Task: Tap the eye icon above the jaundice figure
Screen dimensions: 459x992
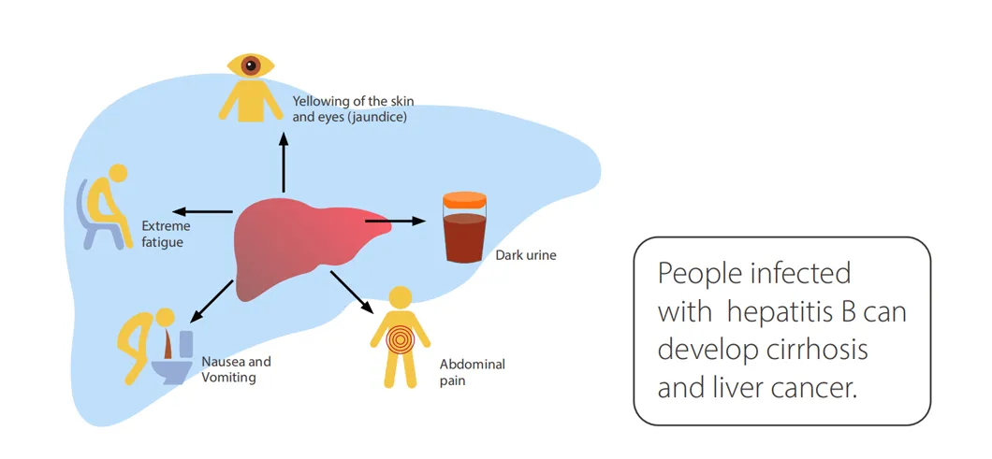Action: pyautogui.click(x=250, y=65)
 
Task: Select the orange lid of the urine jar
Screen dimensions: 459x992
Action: pyautogui.click(x=465, y=200)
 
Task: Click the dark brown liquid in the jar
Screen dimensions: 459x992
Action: pyautogui.click(x=465, y=238)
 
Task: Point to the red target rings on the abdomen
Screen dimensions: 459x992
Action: pyautogui.click(x=400, y=338)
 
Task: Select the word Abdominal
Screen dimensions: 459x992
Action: pyautogui.click(x=472, y=365)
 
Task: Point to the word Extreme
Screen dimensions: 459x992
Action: pyautogui.click(x=166, y=226)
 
